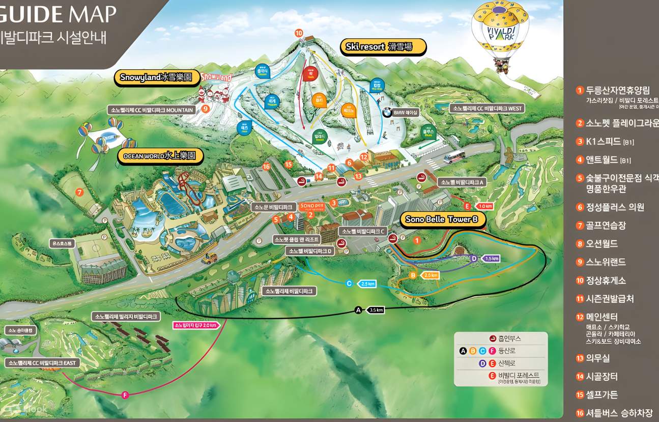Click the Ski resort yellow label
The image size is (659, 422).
(383, 47)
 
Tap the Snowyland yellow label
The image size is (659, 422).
(156, 77)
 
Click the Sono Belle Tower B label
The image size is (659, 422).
(441, 220)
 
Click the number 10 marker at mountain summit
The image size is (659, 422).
(299, 33)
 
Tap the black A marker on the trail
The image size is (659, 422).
(358, 310)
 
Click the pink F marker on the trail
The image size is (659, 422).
(125, 394)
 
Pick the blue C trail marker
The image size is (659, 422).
(349, 283)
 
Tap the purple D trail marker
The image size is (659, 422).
(474, 259)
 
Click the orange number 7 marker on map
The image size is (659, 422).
(79, 192)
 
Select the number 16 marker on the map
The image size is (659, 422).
(266, 167)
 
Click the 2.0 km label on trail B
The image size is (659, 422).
(431, 275)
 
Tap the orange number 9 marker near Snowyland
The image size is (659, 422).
(206, 108)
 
